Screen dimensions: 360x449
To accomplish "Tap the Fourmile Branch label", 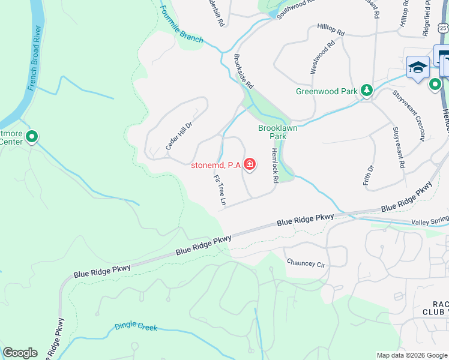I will (182, 29).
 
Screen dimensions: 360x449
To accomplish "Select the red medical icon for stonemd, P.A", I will (249, 164).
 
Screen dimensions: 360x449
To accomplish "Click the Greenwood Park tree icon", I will (366, 91).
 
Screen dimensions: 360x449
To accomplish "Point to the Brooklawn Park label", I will (277, 132).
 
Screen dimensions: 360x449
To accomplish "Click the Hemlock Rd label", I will (276, 166).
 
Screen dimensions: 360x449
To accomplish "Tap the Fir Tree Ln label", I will (219, 190).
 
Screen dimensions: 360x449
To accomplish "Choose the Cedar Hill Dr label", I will (178, 136).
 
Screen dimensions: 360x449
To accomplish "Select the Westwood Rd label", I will (322, 58).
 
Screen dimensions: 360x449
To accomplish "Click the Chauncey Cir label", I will (306, 263).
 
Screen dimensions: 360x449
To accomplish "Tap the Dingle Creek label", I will (136, 328).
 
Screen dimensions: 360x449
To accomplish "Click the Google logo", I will (20, 353).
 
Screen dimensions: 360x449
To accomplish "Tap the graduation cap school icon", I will (417, 68).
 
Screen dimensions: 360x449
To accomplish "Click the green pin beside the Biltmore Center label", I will (32, 137).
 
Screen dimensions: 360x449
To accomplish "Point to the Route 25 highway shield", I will (442, 28).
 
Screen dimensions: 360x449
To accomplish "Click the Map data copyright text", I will (412, 355).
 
